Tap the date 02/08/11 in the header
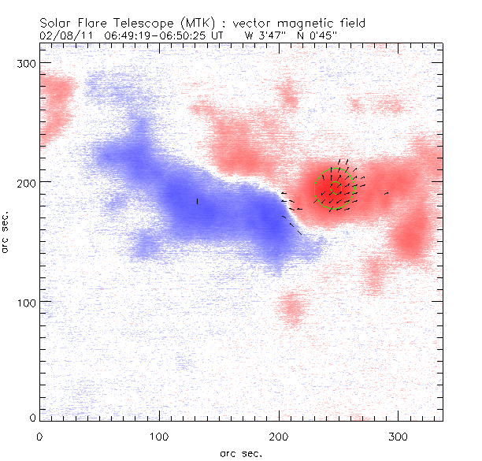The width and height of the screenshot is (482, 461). pos(62,35)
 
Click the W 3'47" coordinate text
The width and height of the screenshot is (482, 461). pos(264,35)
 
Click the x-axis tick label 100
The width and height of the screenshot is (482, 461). pos(159,435)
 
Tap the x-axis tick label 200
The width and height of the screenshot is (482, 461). pos(279,435)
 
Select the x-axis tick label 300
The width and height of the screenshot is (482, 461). pos(399,435)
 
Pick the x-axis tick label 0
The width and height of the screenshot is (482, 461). pos(39,435)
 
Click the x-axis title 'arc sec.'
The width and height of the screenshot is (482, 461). pos(242,453)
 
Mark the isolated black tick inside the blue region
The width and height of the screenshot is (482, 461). pos(197,201)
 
